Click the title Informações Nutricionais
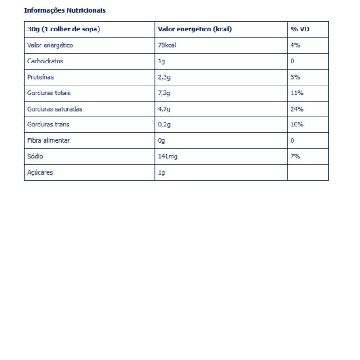[x=65, y=10]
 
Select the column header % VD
[x=300, y=29]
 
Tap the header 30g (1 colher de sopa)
[x=63, y=29]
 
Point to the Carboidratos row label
[x=45, y=61]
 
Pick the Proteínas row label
[x=40, y=77]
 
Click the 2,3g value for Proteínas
[x=164, y=77]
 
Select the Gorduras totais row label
[x=49, y=93]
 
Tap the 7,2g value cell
[x=164, y=93]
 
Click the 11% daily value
[x=297, y=93]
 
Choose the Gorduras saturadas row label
[x=55, y=109]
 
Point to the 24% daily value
[x=297, y=109]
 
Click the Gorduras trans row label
[x=49, y=125]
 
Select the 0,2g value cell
[x=164, y=125]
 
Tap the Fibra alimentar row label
[x=49, y=140]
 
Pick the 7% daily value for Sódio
[x=295, y=157]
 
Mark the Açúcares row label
[x=40, y=172]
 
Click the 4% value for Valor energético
[x=295, y=45]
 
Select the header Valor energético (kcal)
[x=194, y=29]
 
